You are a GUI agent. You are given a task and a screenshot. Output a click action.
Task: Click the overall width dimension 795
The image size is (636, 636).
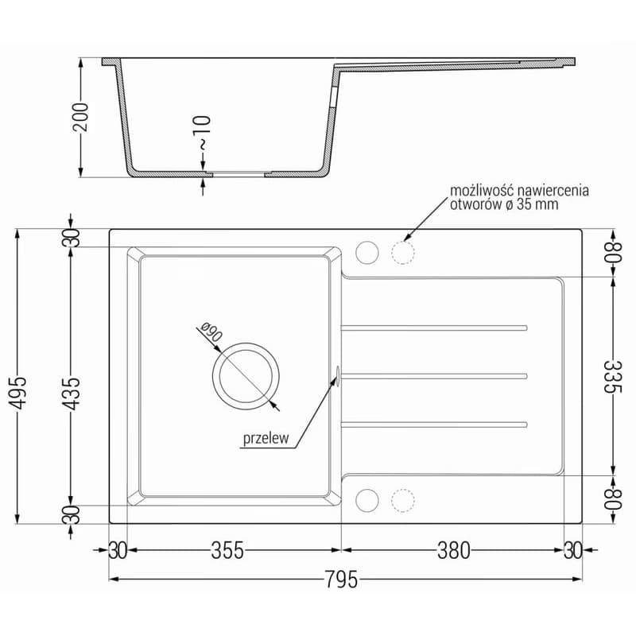coord(342,580)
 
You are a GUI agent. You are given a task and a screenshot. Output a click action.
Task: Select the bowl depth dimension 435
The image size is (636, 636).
coord(72,393)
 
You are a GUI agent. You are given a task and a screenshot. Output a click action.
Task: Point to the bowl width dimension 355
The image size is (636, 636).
coord(227,550)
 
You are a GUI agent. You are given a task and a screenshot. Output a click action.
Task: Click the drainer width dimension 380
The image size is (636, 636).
coord(453,550)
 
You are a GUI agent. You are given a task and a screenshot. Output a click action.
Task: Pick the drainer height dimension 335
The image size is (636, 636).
coord(612,377)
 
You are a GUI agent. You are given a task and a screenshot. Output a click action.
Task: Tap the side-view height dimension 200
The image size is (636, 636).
coord(79,117)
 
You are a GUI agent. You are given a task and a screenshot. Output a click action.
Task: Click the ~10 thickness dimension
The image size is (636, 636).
coord(203,134)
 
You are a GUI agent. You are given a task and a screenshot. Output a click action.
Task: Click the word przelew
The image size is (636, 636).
coord(266,438)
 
